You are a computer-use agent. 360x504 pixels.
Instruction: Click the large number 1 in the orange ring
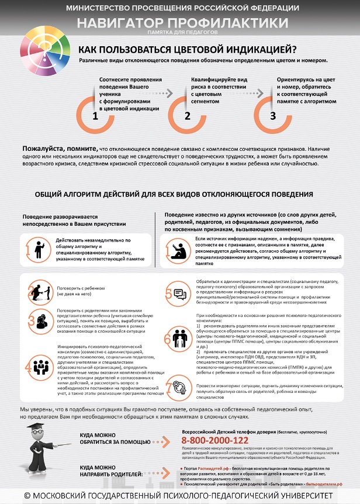pyautogui.click(x=95, y=115)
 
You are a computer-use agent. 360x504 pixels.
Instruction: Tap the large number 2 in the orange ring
pyautogui.click(x=187, y=115)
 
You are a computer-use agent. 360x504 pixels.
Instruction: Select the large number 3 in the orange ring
pyautogui.click(x=272, y=115)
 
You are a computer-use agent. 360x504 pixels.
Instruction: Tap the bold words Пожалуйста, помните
pyautogui.click(x=60, y=149)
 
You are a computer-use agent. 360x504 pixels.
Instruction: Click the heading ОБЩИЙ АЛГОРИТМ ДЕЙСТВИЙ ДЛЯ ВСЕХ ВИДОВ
pyautogui.click(x=174, y=194)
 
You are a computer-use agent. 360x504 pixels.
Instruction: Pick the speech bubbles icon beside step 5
pyautogui.click(x=180, y=295)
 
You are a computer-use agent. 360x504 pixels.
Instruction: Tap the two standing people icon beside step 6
pyautogui.click(x=179, y=339)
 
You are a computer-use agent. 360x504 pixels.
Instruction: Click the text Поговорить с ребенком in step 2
pyautogui.click(x=80, y=288)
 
